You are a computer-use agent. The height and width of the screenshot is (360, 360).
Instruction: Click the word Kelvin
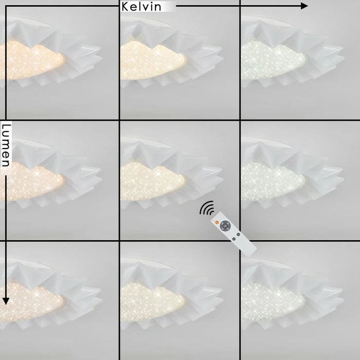coord(141,7)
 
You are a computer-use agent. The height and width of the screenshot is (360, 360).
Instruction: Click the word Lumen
coord(6,146)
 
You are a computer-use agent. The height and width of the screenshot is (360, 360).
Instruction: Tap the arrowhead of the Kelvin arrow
coord(304,6)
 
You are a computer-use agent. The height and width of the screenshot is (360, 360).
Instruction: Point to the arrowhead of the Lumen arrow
coord(6,301)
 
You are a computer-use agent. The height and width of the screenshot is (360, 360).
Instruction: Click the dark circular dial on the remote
coord(225,226)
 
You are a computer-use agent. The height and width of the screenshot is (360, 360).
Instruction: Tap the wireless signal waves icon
coord(207,208)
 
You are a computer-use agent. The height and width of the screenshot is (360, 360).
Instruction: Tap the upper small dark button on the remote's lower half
coord(238,235)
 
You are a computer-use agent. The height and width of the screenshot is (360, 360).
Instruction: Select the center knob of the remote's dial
coord(225,226)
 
